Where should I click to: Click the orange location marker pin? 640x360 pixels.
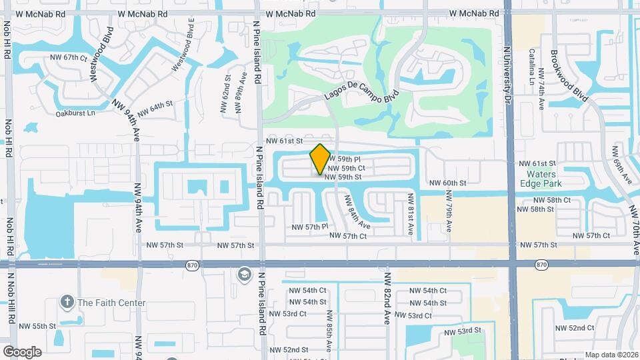pyautogui.click(x=321, y=159)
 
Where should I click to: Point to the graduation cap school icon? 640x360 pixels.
pyautogui.click(x=244, y=275)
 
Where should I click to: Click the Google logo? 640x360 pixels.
pyautogui.click(x=22, y=351)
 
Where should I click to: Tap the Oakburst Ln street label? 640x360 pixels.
pyautogui.click(x=75, y=113)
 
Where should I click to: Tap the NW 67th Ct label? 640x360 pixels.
pyautogui.click(x=69, y=58)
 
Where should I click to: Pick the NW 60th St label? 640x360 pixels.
pyautogui.click(x=447, y=183)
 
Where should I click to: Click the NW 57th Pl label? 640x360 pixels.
pyautogui.click(x=310, y=227)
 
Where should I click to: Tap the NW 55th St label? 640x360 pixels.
pyautogui.click(x=37, y=326)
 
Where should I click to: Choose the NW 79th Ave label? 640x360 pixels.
pyautogui.click(x=449, y=212)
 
